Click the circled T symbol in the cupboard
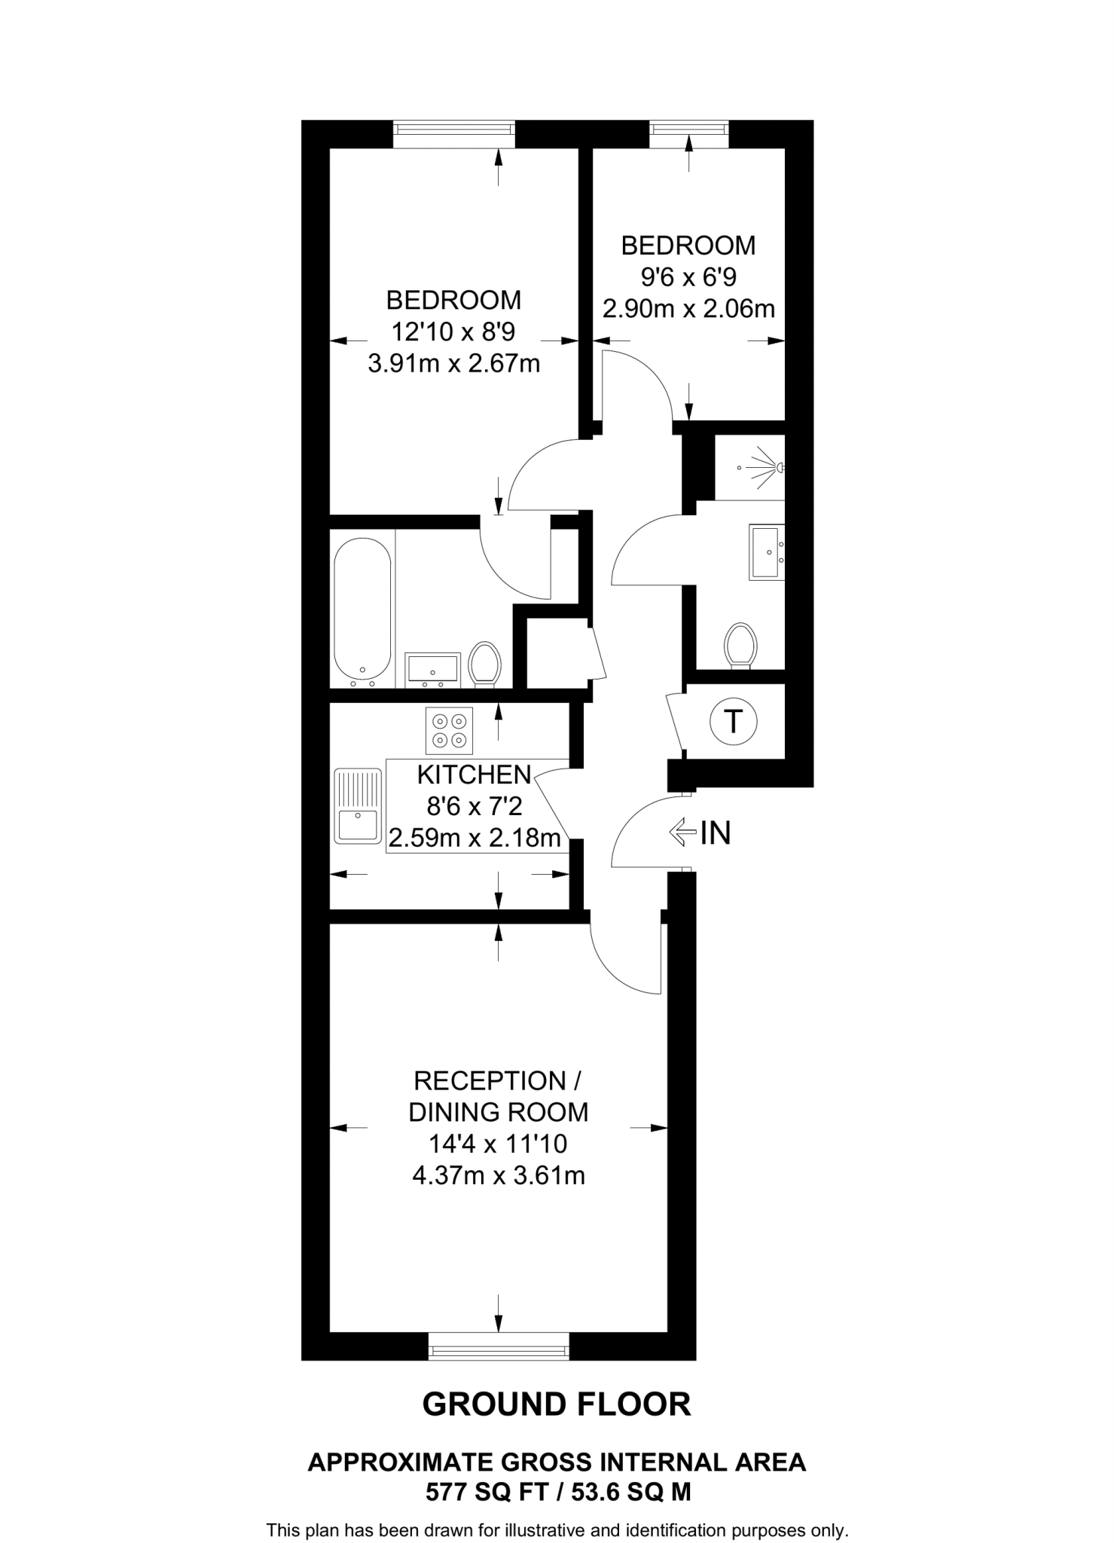[x=733, y=722]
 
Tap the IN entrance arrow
[x=682, y=832]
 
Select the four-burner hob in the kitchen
[x=449, y=730]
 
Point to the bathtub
[x=362, y=610]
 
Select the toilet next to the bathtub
[x=484, y=665]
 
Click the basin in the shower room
[x=766, y=552]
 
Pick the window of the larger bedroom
[x=454, y=135]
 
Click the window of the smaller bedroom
[x=689, y=134]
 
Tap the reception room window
[x=498, y=1346]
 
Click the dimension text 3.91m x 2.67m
[x=453, y=364]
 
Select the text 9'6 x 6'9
[x=688, y=277]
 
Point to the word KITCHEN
[x=475, y=775]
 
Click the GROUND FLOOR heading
[x=556, y=1405]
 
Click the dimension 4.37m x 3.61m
[x=498, y=1175]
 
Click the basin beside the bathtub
[x=432, y=668]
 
